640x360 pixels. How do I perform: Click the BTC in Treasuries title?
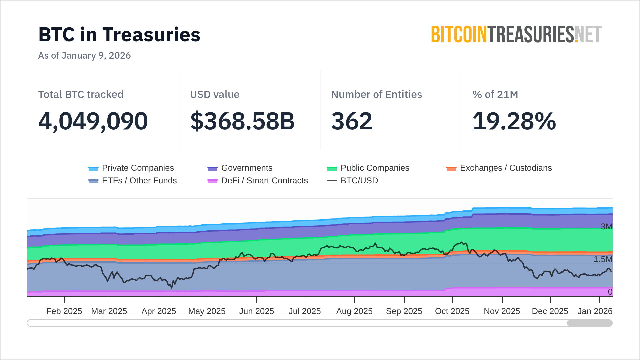coord(119,35)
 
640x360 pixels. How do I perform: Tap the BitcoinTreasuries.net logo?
coord(516,35)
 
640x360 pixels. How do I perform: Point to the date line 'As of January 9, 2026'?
coord(84,55)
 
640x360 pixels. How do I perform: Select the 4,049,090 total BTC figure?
coord(93,121)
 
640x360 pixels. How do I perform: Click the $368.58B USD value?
coord(242,121)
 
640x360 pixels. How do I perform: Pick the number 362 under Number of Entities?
coord(352,121)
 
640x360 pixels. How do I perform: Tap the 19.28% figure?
coord(514,121)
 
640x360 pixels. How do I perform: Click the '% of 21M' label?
coord(495,94)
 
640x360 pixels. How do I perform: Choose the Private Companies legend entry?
coord(131,168)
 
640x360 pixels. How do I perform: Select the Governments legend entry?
coord(240,168)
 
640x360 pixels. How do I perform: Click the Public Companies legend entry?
coord(368,168)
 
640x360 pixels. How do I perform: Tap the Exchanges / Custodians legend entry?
coord(499,168)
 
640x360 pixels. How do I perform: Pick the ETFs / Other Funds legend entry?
coord(132,181)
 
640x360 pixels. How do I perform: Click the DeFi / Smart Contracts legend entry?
coord(258,181)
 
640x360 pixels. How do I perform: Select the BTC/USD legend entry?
coord(353,181)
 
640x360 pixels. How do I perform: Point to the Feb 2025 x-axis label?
coord(64,311)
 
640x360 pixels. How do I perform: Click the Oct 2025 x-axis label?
coord(452,311)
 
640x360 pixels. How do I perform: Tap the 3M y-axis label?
coord(606,227)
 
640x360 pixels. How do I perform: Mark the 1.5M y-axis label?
coord(603,259)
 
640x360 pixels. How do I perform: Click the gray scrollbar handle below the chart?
coord(589,323)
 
